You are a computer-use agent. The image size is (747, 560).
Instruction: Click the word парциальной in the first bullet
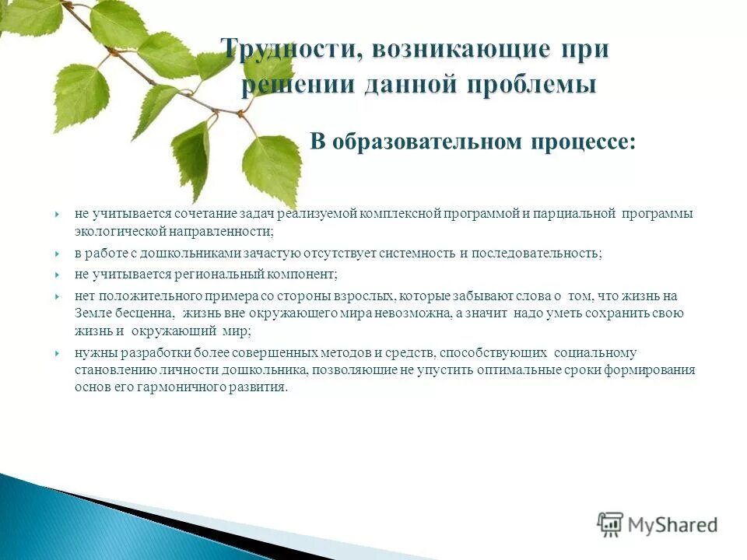click(x=584, y=213)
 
